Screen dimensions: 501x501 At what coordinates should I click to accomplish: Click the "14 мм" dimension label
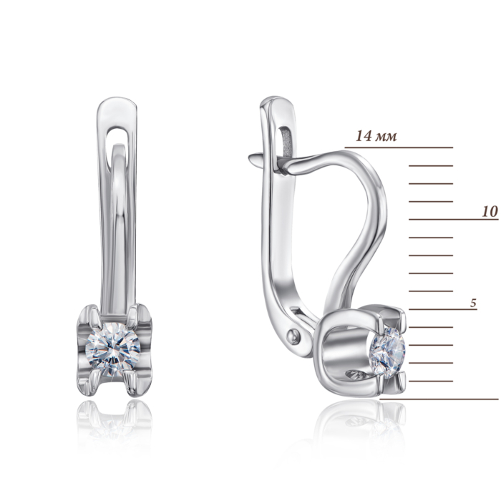pos(376,136)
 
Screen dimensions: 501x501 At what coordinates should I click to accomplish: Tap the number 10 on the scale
pos(490,212)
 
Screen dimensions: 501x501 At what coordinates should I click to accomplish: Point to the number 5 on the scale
pos(473,303)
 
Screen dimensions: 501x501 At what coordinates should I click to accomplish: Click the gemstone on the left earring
pos(113,349)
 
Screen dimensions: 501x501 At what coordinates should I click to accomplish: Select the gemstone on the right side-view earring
pos(387,352)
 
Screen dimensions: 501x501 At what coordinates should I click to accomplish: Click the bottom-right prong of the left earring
pos(130,382)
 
